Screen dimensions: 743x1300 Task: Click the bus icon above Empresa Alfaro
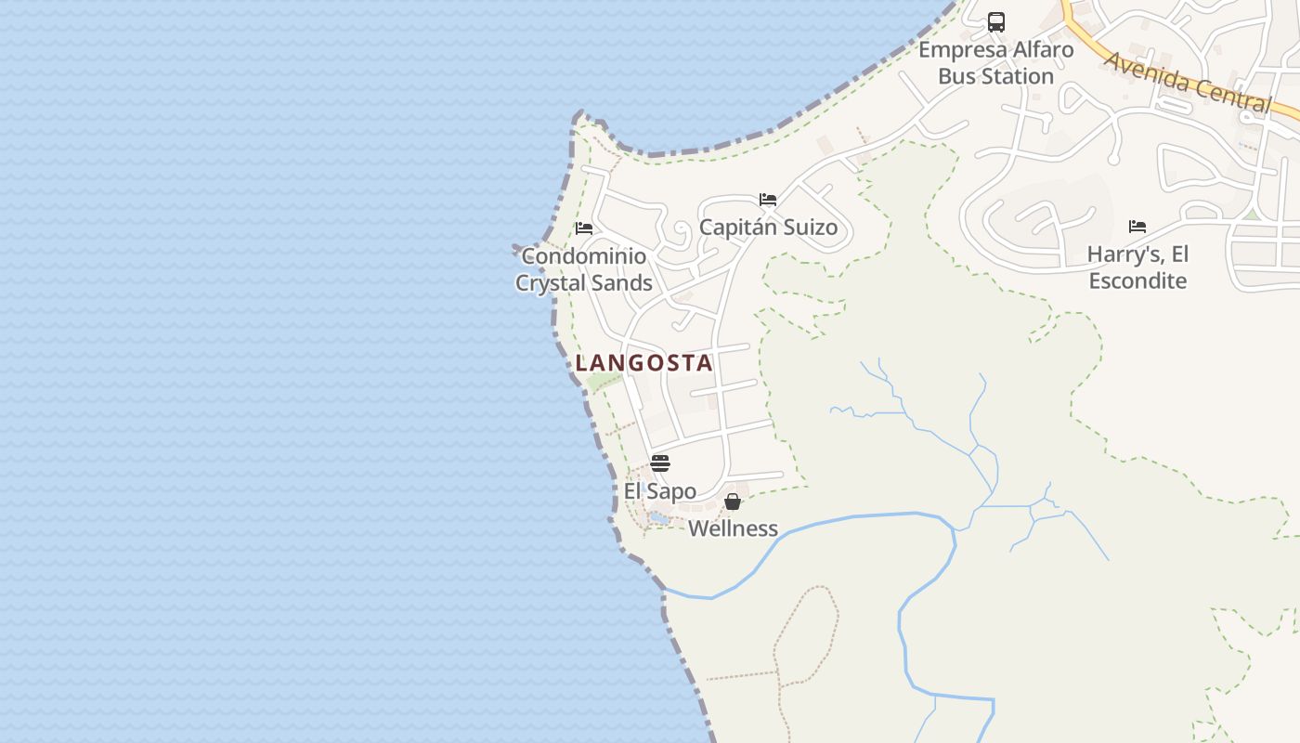[x=996, y=21]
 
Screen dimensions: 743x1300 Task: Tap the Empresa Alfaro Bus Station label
[x=996, y=63]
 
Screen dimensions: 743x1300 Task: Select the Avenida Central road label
[x=1188, y=82]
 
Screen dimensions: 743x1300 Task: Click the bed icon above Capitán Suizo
[x=768, y=200]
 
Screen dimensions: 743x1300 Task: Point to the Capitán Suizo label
[x=768, y=228]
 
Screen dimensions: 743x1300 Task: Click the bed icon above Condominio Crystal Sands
[x=584, y=228]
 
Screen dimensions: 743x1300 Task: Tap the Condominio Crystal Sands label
[x=584, y=269]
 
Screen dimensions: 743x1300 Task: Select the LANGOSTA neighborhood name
[x=644, y=363]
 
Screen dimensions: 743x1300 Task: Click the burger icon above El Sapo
[x=660, y=463]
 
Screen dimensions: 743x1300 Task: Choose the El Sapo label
[x=660, y=491]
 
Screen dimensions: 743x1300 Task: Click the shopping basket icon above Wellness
[x=733, y=502]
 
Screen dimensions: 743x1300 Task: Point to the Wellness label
[x=733, y=529]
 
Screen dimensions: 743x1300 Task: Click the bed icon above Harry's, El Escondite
[x=1137, y=227]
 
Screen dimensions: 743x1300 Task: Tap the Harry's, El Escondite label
[x=1137, y=267]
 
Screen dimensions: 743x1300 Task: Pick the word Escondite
[x=1137, y=280]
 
